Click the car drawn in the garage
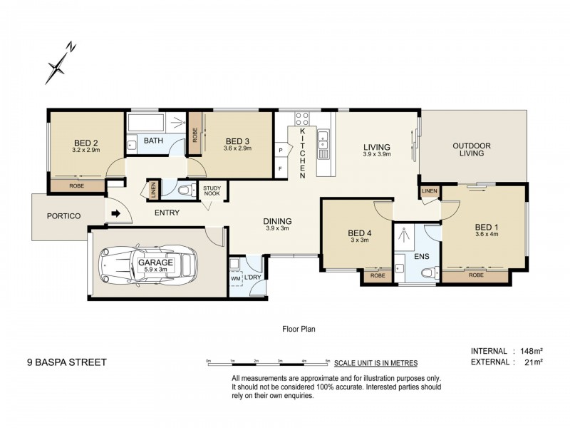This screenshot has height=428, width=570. pos(149,265)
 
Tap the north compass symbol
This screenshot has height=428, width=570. pos(60,63)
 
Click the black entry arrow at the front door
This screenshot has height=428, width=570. pos(116,213)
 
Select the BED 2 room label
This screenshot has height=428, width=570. pos(85,143)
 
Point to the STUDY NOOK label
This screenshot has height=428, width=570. pos(212,190)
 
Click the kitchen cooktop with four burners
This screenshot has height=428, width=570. pos(301,118)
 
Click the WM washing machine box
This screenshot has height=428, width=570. pos(236,279)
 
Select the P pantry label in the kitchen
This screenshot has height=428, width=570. pos(281,150)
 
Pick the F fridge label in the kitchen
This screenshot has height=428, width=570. pos(280,168)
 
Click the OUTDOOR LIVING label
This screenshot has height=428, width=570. pos(472,150)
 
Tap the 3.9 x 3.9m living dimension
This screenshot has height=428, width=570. pos(377,154)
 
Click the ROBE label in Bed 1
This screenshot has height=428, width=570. pos(476,275)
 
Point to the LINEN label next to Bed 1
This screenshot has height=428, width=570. pos(430,190)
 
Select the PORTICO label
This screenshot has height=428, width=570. pos(63,216)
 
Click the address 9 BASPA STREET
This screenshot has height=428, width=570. pos(67,362)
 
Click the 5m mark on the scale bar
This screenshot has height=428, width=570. pos(328,361)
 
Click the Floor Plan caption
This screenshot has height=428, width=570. pos(299,329)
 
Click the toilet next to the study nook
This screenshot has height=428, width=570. pos(187,190)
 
